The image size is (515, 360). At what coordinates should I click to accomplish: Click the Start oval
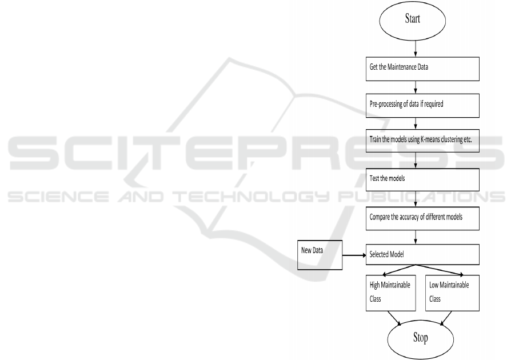[x=413, y=21]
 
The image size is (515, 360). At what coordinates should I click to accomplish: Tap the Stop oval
[x=421, y=339]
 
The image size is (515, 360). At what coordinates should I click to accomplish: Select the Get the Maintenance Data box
[x=422, y=69]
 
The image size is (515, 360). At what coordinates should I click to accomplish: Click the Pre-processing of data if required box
[x=422, y=106]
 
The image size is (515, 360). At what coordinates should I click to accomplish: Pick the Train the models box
[x=422, y=141]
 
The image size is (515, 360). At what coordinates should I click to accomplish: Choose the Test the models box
[x=422, y=179]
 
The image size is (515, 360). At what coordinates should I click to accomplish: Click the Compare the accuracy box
[x=422, y=218]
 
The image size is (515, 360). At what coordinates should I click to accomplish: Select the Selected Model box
[x=422, y=254]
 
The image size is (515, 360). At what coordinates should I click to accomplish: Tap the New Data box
[x=320, y=255]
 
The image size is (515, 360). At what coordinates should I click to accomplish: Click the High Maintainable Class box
[x=391, y=293]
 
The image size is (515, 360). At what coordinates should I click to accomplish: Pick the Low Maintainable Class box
[x=452, y=293]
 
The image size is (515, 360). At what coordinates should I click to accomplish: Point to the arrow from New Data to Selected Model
[x=354, y=255]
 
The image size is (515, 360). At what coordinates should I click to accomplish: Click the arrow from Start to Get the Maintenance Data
[x=416, y=48]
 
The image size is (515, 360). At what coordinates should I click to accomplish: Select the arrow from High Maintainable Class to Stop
[x=394, y=318]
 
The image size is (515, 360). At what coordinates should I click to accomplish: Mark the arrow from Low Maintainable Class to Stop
[x=446, y=318]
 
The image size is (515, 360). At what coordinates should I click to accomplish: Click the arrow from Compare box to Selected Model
[x=416, y=237]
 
